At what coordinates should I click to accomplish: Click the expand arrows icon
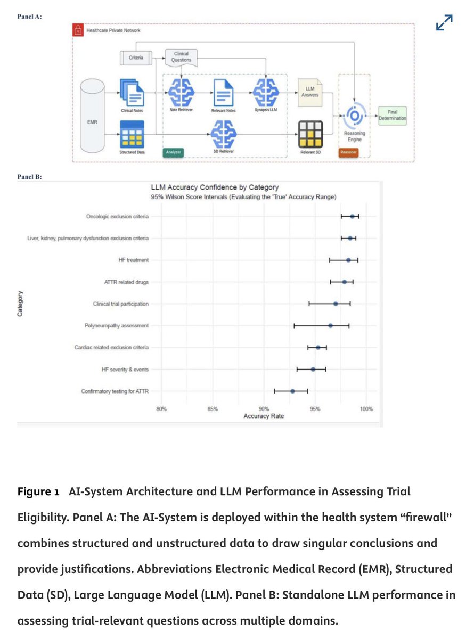pyautogui.click(x=444, y=23)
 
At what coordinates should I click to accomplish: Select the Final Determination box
pyautogui.click(x=392, y=116)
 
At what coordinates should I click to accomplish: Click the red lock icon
pyautogui.click(x=77, y=30)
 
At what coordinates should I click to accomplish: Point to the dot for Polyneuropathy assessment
pyautogui.click(x=330, y=325)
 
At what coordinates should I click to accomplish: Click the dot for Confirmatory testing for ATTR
pyautogui.click(x=292, y=391)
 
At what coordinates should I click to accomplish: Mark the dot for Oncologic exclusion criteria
pyautogui.click(x=352, y=216)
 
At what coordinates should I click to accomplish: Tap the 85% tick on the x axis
pyautogui.click(x=213, y=409)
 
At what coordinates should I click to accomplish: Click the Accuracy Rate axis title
pyautogui.click(x=264, y=416)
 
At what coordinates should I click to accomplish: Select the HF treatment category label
pyautogui.click(x=133, y=260)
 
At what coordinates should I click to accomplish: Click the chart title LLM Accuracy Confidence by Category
pyautogui.click(x=215, y=187)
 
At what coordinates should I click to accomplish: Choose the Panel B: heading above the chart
pyautogui.click(x=30, y=176)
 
